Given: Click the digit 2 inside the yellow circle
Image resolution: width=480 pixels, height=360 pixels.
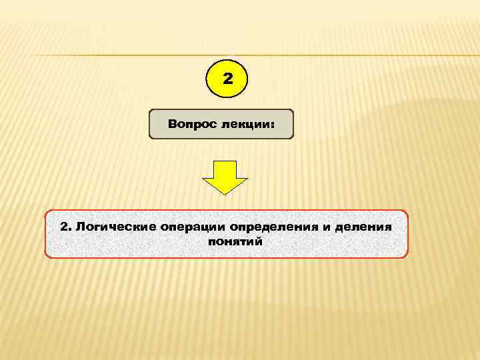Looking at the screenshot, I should [228, 79].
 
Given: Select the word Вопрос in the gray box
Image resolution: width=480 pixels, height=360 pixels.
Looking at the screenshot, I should [189, 124].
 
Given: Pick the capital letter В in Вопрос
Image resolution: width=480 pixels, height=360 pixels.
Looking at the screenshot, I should [173, 124].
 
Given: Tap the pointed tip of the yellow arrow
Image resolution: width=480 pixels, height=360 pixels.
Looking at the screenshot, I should [225, 193].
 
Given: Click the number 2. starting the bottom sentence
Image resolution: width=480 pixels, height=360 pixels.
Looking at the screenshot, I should [65, 227].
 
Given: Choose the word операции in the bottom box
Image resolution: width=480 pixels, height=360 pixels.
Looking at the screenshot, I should [189, 227].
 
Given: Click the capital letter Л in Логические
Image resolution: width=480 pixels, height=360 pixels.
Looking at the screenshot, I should [80, 227].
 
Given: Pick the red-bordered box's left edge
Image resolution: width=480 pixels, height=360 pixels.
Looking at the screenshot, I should [45, 234].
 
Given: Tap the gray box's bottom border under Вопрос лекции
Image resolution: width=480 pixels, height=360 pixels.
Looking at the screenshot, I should [221, 138].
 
